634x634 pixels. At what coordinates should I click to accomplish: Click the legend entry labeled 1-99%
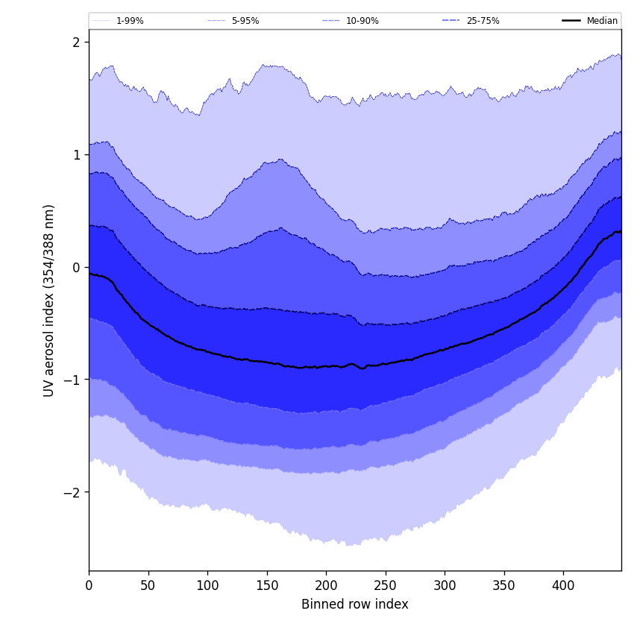(x=129, y=21)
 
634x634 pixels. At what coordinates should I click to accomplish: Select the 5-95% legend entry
(x=245, y=21)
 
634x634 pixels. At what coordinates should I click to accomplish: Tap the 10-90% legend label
(x=362, y=21)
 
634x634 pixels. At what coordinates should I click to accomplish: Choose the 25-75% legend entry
(x=483, y=21)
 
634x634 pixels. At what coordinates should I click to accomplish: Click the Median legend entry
(x=602, y=21)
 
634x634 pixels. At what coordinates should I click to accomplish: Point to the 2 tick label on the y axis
(x=76, y=43)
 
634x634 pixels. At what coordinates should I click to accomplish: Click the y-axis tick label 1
(x=76, y=155)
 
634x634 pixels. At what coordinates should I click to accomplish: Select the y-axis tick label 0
(x=76, y=268)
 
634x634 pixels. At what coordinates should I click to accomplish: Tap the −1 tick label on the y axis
(x=72, y=380)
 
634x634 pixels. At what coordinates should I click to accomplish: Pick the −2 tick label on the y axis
(x=72, y=493)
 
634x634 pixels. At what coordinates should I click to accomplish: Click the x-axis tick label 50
(x=148, y=586)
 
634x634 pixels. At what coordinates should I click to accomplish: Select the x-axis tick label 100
(x=207, y=586)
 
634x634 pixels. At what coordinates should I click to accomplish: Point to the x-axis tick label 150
(x=267, y=586)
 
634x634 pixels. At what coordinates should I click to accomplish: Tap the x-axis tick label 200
(x=326, y=586)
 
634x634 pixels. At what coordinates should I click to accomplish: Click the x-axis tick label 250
(x=386, y=586)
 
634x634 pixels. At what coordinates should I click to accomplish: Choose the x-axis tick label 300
(x=445, y=586)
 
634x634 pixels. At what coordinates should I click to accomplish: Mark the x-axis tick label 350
(x=504, y=586)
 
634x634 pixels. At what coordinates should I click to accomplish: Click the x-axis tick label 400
(x=563, y=586)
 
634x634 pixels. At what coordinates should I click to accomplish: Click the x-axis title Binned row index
(x=355, y=605)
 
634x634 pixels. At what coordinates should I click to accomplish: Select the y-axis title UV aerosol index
(x=49, y=301)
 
